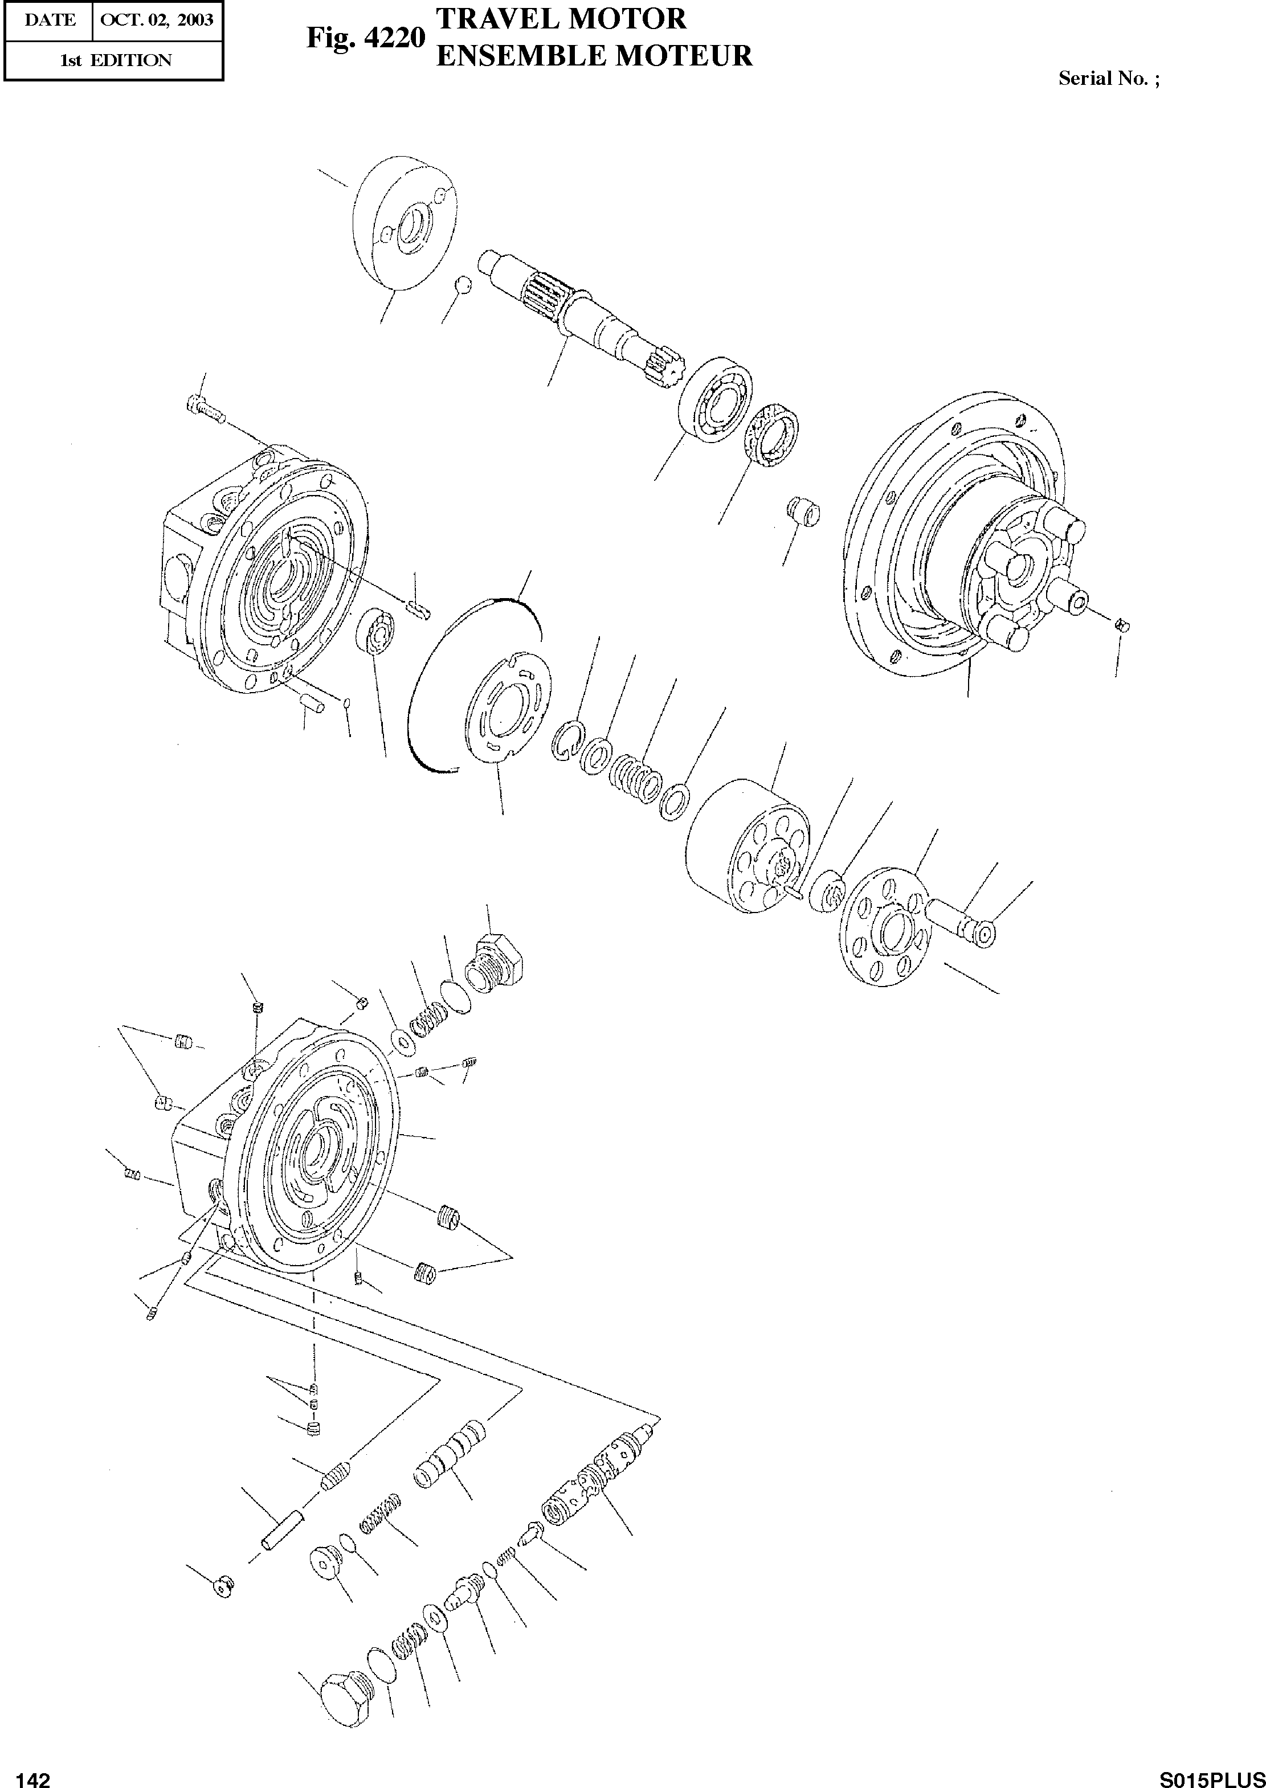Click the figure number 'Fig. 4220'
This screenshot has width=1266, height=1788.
click(364, 38)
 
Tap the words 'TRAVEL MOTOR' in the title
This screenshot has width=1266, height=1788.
click(561, 18)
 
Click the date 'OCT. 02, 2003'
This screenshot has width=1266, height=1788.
click(157, 19)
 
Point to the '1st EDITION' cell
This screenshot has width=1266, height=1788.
click(115, 60)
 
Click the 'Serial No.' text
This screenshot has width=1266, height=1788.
click(1107, 79)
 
